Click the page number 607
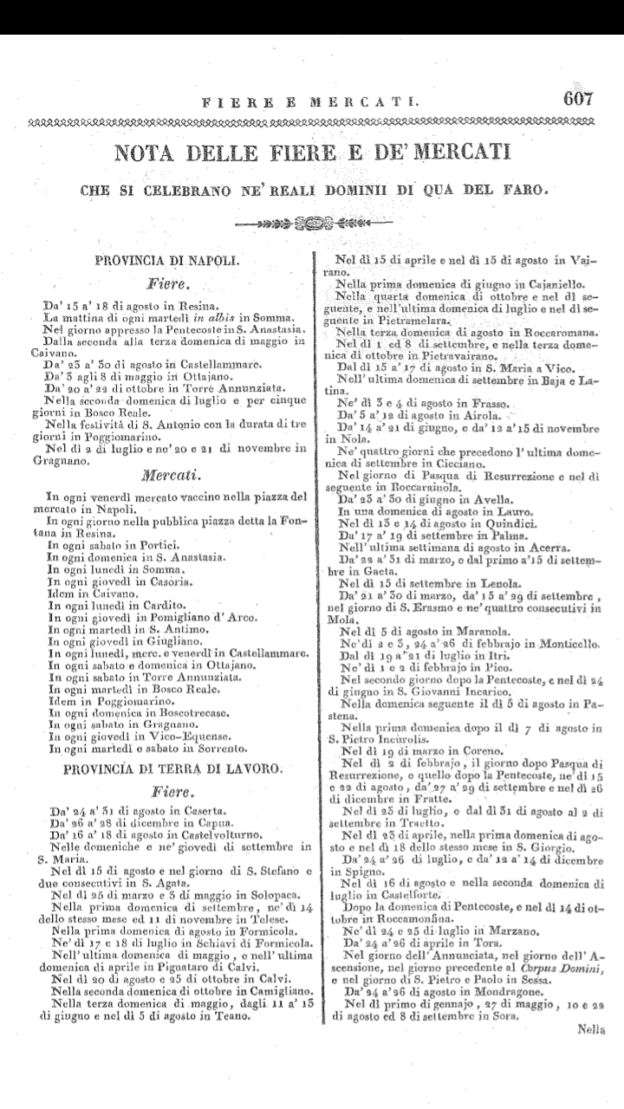tap(577, 98)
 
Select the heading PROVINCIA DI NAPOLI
tap(168, 259)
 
